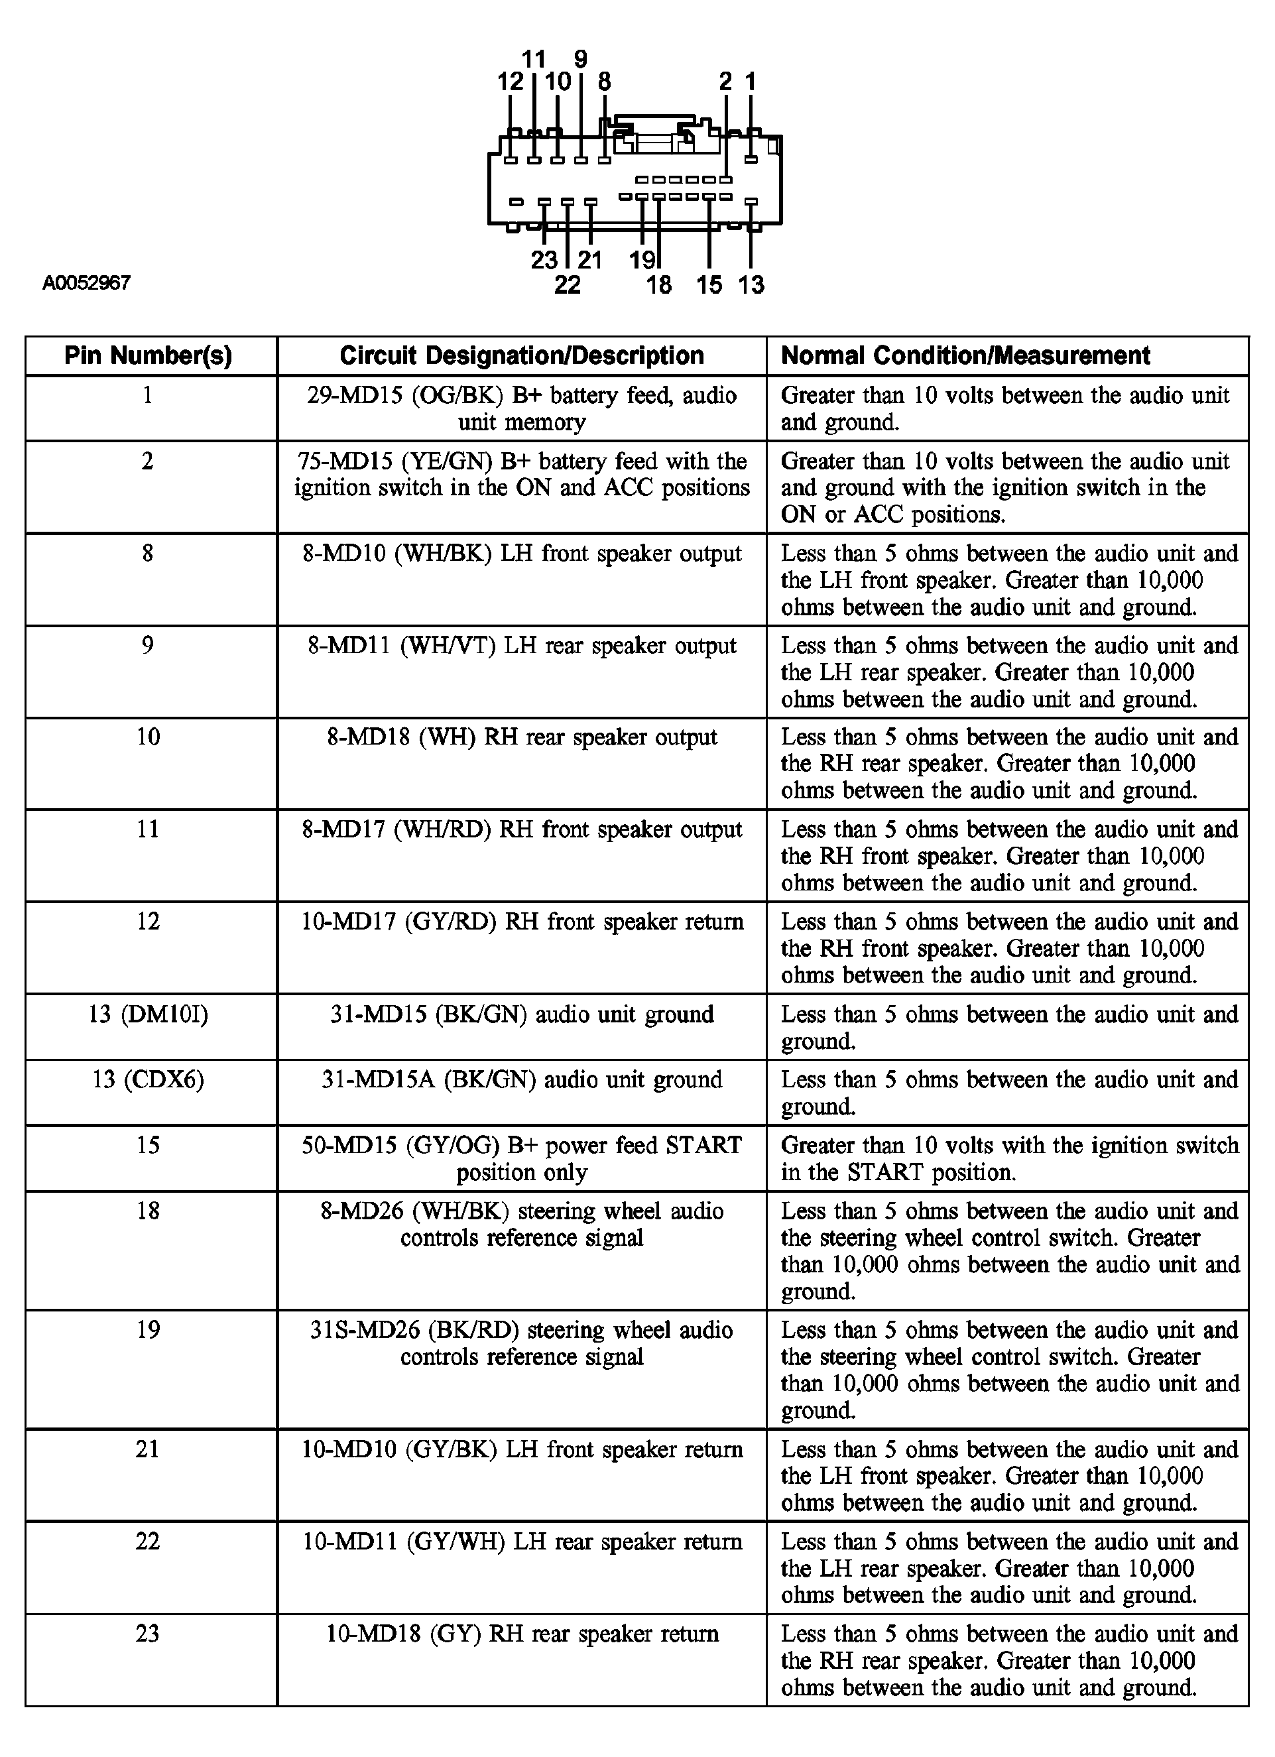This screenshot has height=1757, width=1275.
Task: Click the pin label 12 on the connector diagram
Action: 511,82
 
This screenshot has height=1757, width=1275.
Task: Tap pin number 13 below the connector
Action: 751,285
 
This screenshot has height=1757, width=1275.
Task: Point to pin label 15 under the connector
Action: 709,285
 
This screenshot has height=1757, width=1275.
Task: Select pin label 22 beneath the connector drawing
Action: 567,285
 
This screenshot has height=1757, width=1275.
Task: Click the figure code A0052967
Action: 87,282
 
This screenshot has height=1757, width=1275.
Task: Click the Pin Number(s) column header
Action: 148,355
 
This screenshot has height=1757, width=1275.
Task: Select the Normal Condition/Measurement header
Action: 965,355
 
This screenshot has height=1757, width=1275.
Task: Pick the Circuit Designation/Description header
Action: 521,355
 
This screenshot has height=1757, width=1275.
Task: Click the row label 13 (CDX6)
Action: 148,1079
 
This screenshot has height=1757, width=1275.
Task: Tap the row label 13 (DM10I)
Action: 148,1014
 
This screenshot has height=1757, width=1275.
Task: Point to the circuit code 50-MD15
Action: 349,1145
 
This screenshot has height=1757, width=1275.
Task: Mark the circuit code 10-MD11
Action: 349,1542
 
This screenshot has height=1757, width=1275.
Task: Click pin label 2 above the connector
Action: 726,82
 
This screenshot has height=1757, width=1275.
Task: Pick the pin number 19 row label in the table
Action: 148,1330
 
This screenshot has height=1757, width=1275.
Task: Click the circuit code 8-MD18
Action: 369,737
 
